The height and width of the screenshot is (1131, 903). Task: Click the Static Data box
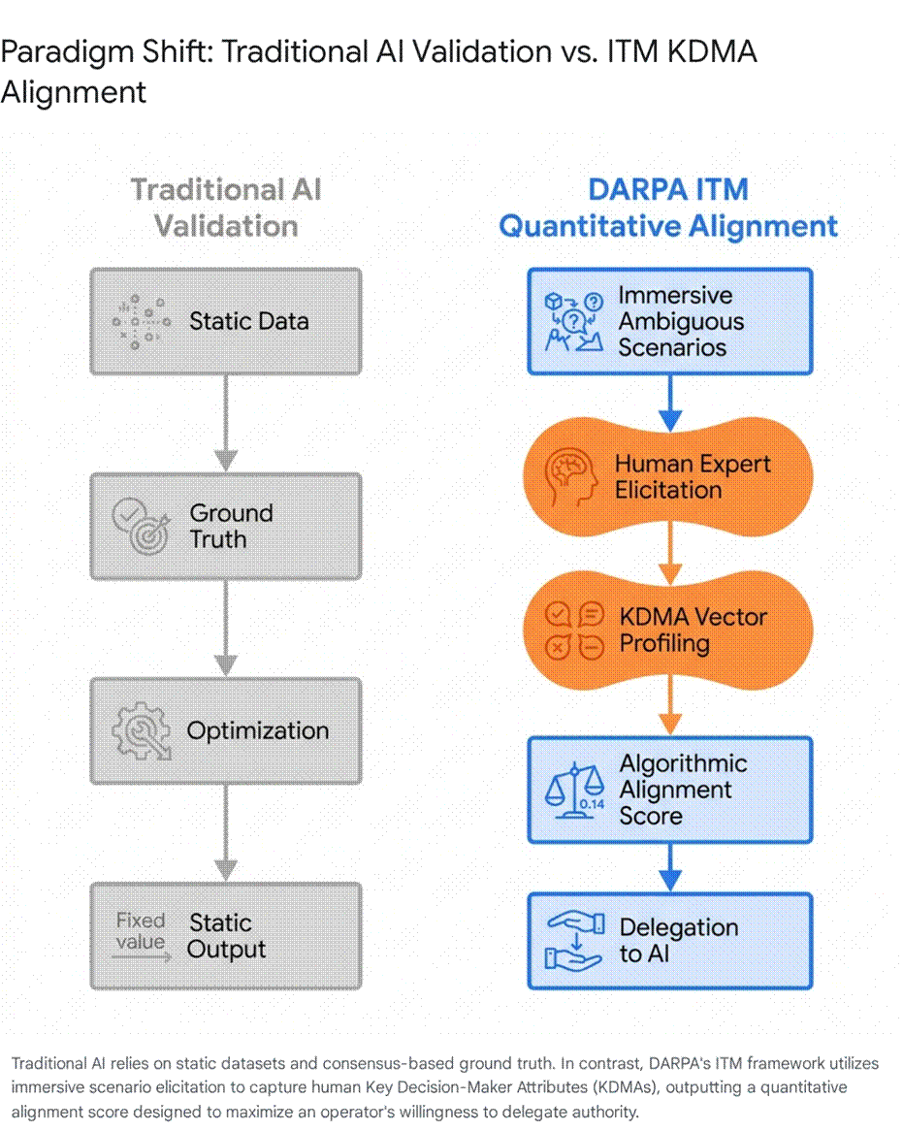[x=226, y=322]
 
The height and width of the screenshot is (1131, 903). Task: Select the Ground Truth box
[x=226, y=527]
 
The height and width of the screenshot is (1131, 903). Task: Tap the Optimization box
[x=226, y=730]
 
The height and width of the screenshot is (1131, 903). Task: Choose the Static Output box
[x=226, y=935]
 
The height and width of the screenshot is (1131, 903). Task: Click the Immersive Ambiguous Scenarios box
[x=670, y=322]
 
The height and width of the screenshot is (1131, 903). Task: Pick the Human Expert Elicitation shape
[x=668, y=477]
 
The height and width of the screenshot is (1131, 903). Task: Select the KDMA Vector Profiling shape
[x=668, y=630]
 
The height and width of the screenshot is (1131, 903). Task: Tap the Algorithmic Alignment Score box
[x=670, y=790]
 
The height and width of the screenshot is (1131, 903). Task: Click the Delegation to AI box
[x=670, y=941]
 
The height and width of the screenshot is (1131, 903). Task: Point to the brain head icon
[x=570, y=477]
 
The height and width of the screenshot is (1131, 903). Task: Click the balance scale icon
[x=575, y=791]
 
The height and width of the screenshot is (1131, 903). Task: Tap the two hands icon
[x=575, y=941]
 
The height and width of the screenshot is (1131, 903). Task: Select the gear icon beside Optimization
[x=142, y=731]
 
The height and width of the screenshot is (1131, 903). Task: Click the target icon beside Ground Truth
[x=142, y=527]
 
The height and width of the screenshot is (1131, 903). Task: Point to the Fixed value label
[x=141, y=930]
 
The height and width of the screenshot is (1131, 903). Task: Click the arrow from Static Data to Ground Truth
[x=226, y=424]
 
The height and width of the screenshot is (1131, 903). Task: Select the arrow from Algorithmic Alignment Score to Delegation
[x=670, y=868]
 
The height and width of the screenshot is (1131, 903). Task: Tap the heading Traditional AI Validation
[x=226, y=208]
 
